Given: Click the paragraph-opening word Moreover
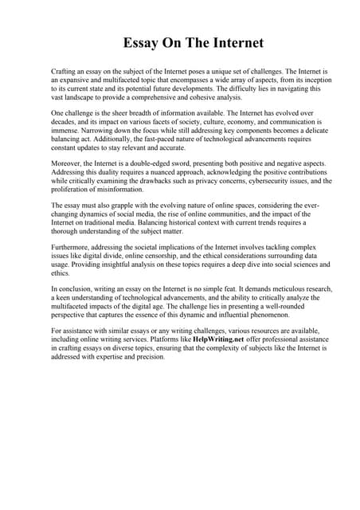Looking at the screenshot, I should [68, 163].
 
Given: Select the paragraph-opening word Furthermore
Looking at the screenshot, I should [74, 249].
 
